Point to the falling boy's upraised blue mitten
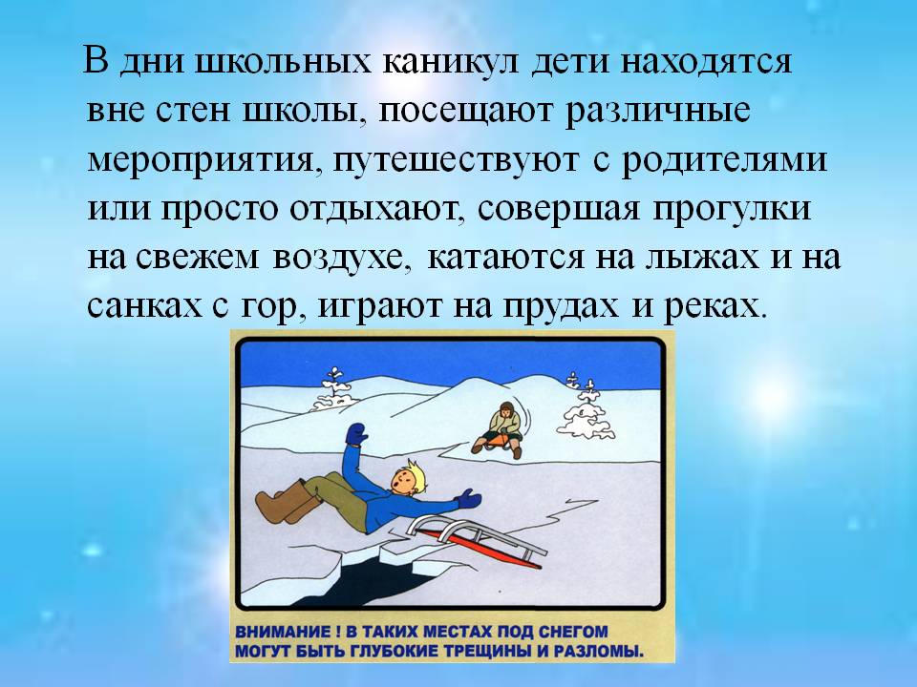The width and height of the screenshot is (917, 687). click(x=356, y=434)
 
